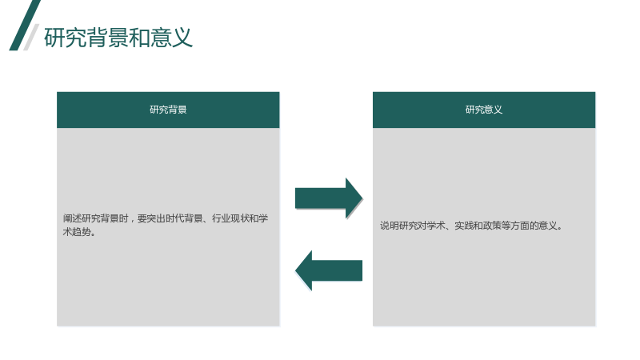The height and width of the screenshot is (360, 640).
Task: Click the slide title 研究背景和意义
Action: pyautogui.click(x=118, y=38)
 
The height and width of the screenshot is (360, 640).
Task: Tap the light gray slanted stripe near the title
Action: pyautogui.click(x=31, y=37)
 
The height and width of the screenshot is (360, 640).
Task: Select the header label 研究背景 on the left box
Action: pyautogui.click(x=168, y=110)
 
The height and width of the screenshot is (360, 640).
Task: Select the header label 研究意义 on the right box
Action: pyautogui.click(x=484, y=110)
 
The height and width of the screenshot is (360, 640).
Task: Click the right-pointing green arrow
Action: pyautogui.click(x=329, y=198)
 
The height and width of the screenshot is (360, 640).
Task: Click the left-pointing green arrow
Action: pyautogui.click(x=329, y=270)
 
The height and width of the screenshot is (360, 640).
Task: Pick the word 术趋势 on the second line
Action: pyautogui.click(x=77, y=232)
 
